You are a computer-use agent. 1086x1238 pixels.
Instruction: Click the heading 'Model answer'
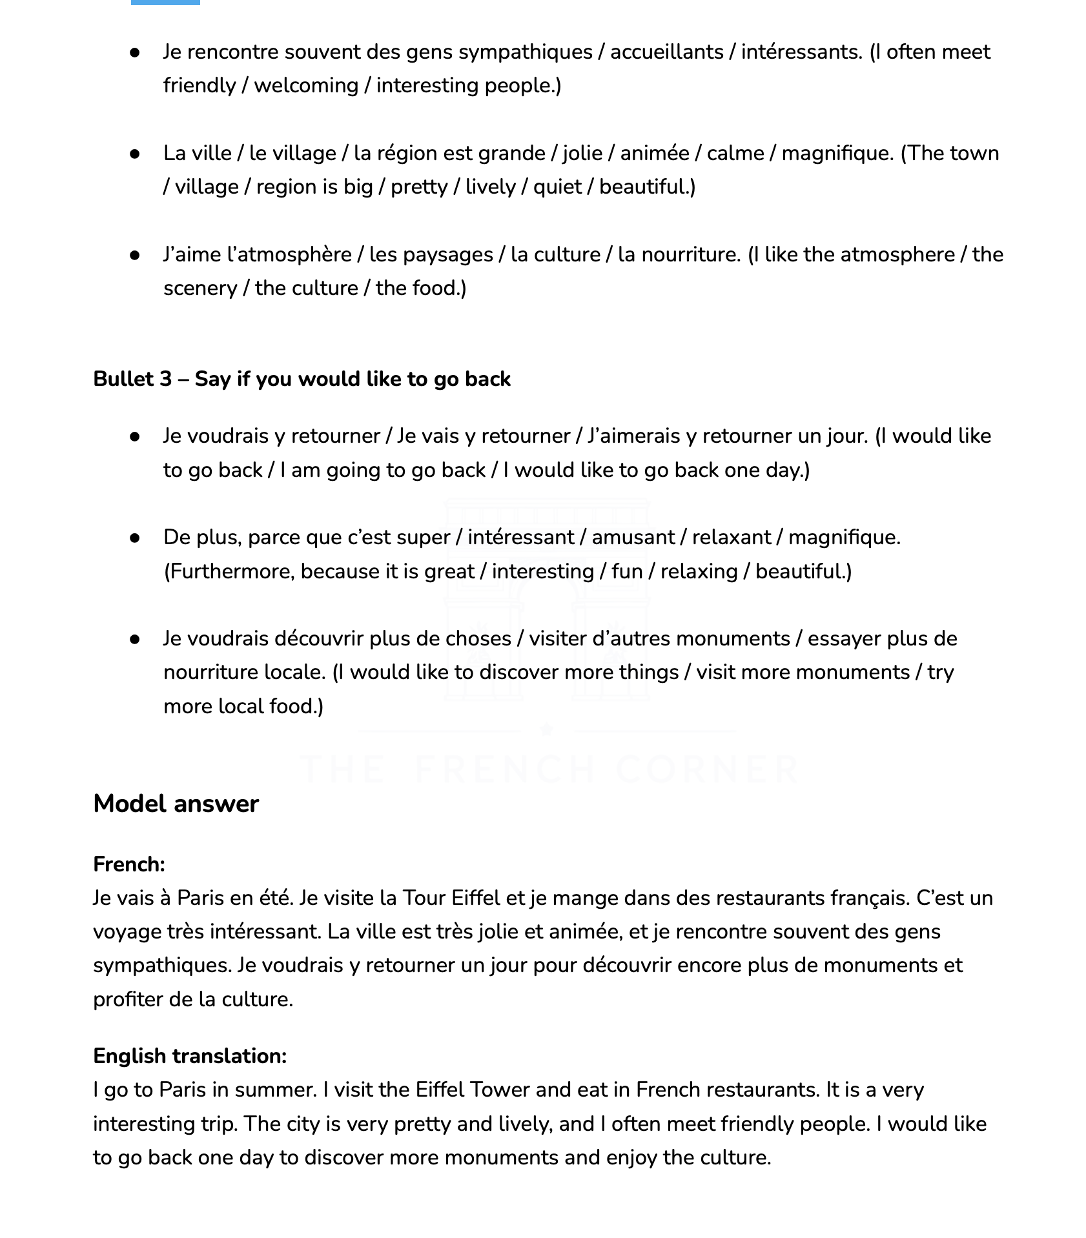click(176, 804)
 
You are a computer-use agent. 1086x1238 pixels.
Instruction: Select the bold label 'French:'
click(129, 864)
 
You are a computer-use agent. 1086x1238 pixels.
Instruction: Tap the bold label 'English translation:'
click(190, 1056)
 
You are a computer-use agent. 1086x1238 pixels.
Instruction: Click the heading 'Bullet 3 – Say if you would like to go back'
click(302, 379)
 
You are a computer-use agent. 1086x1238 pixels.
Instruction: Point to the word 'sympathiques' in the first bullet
click(525, 52)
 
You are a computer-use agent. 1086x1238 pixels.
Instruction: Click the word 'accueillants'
click(666, 52)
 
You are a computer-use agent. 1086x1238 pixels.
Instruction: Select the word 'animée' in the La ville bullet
click(654, 153)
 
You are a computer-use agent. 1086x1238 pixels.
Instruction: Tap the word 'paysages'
click(447, 254)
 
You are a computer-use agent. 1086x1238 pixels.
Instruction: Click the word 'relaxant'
click(731, 537)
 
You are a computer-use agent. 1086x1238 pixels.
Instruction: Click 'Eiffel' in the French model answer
click(475, 898)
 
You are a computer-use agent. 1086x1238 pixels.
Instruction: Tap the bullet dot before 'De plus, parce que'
click(135, 538)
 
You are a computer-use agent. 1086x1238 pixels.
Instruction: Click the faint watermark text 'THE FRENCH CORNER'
click(549, 769)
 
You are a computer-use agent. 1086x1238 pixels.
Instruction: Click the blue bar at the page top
click(165, 2)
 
